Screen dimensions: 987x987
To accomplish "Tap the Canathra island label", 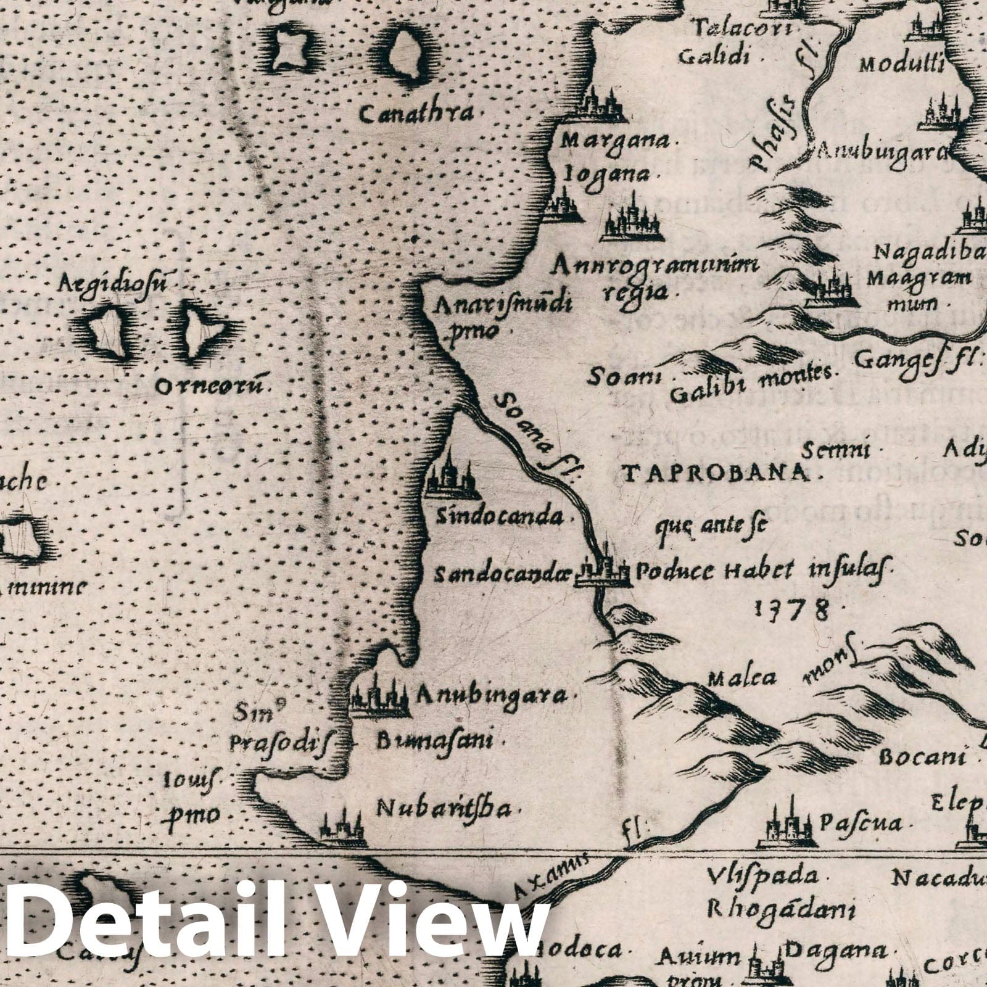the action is click(x=417, y=114).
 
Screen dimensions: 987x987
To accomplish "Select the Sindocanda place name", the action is click(x=500, y=516).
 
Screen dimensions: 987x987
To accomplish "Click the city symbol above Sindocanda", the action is click(x=452, y=476).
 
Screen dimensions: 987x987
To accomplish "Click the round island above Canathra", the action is click(x=407, y=56).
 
